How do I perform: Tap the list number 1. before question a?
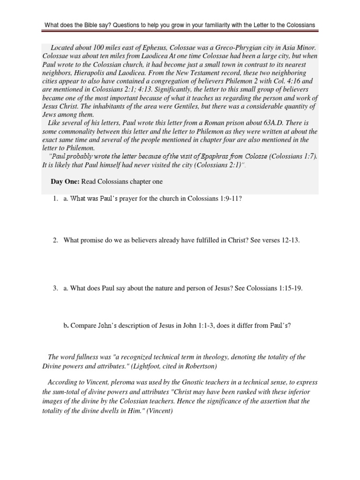(x=55, y=199)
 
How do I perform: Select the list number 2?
(x=55, y=240)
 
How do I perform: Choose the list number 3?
(x=55, y=288)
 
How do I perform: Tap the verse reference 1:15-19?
(x=287, y=288)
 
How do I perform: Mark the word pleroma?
(x=101, y=382)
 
